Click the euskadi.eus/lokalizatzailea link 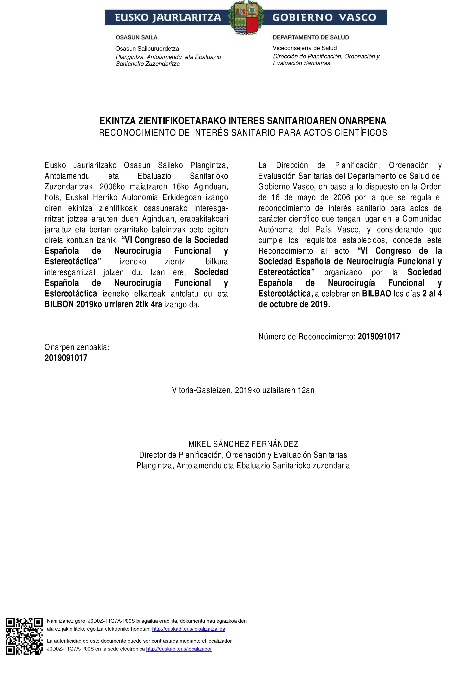(189, 629)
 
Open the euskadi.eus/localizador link (179, 649)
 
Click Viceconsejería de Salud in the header (305, 48)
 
